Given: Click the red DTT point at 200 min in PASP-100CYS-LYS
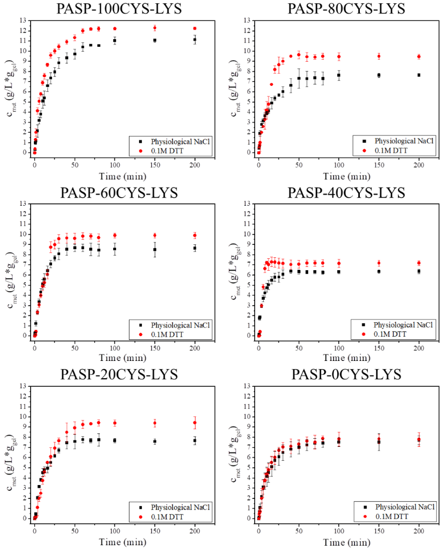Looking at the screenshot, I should (195, 28).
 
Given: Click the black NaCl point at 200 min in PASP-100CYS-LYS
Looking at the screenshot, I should (195, 40).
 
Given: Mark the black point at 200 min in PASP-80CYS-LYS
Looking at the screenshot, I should (419, 75).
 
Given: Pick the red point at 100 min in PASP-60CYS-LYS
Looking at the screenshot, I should (114, 235).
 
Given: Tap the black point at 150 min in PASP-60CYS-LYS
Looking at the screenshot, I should (155, 249).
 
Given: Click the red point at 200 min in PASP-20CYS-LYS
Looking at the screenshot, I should (195, 423).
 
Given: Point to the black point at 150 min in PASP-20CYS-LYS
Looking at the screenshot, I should (155, 442).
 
